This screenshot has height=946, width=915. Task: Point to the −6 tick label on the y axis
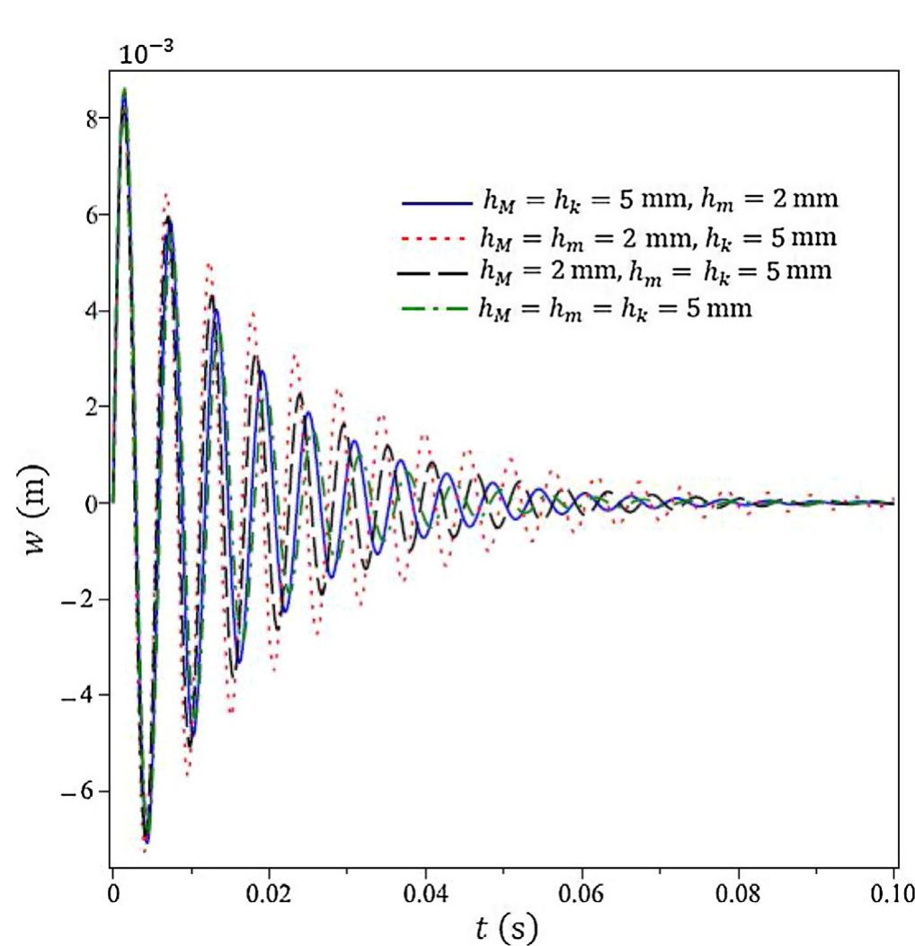[81, 791]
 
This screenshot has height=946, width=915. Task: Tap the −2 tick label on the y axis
[81, 599]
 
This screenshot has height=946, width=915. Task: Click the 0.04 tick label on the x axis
[425, 898]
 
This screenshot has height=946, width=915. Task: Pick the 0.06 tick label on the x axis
[582, 898]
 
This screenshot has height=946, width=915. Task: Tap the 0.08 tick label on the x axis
[738, 898]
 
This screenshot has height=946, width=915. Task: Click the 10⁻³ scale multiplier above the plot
[145, 53]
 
